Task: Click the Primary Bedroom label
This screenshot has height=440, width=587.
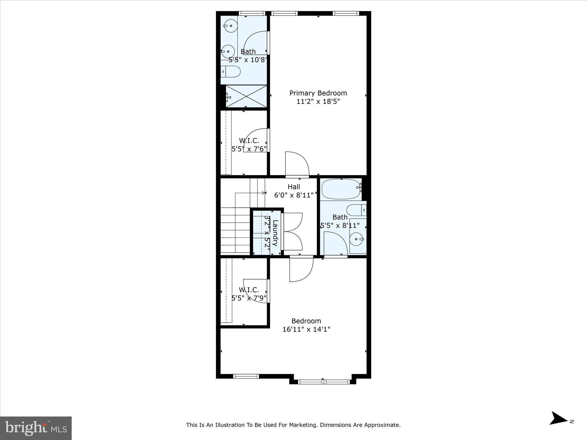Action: pyautogui.click(x=318, y=93)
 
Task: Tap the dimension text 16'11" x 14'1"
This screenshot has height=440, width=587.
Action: pyautogui.click(x=306, y=329)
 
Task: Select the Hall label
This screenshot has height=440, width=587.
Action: pyautogui.click(x=294, y=187)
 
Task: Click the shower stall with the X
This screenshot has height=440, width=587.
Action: pyautogui.click(x=246, y=96)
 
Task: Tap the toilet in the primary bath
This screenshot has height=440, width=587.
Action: pyautogui.click(x=231, y=71)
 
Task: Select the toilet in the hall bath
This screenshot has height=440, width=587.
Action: pyautogui.click(x=356, y=210)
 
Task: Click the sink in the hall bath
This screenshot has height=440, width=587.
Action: pyautogui.click(x=357, y=239)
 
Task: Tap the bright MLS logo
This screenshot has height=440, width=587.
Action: pyautogui.click(x=36, y=428)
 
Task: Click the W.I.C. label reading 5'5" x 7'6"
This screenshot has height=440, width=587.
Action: pyautogui.click(x=249, y=145)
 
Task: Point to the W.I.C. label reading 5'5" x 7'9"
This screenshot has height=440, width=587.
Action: pyautogui.click(x=249, y=294)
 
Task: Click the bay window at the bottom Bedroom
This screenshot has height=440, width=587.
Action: pyautogui.click(x=324, y=382)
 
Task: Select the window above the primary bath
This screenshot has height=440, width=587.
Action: pyautogui.click(x=252, y=13)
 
